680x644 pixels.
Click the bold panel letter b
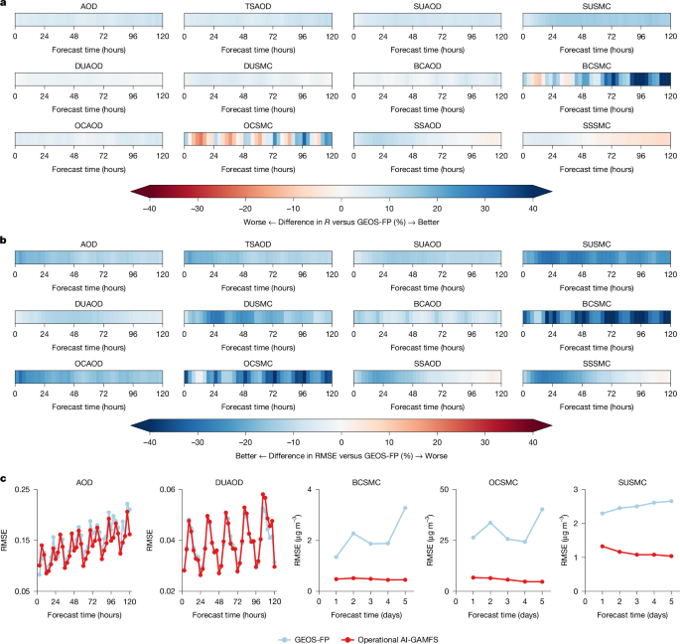5,240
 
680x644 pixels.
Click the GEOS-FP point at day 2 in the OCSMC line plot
490,523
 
